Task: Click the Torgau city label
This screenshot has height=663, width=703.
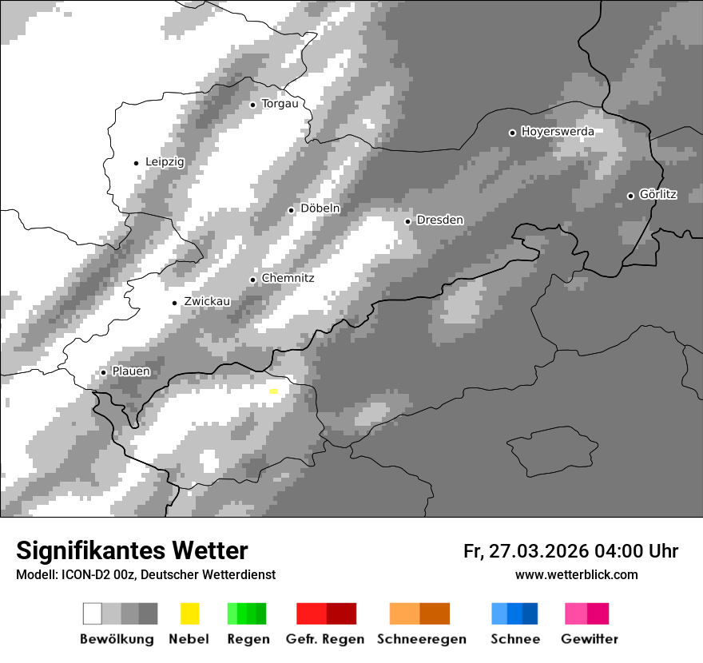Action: pos(280,104)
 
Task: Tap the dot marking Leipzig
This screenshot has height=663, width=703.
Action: pos(136,163)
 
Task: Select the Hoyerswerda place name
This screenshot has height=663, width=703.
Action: pos(558,132)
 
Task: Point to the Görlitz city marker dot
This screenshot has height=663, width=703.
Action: pos(630,195)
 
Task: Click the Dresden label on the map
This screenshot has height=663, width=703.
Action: pos(439,220)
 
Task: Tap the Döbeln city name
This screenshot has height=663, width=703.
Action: pos(320,208)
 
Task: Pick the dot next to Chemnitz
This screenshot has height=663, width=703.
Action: pos(253,280)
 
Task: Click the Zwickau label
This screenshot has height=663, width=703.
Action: pos(207,302)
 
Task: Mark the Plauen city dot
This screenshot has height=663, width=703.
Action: pos(103,372)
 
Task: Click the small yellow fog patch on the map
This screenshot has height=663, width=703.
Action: pos(273,391)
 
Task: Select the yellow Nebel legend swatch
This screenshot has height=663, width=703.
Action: pos(189,613)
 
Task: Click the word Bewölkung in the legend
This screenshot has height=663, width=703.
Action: pos(117,639)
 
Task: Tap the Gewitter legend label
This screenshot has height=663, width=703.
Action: pos(590,639)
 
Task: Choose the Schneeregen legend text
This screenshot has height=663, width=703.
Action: pos(422,639)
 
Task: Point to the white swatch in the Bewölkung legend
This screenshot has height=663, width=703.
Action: pos(93,613)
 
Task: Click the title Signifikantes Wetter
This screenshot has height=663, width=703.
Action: pos(132,551)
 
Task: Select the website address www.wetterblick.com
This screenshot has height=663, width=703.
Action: pos(577,574)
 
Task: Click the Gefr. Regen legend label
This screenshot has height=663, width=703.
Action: pos(325,639)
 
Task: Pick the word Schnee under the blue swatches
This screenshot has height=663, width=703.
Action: pos(515,639)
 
